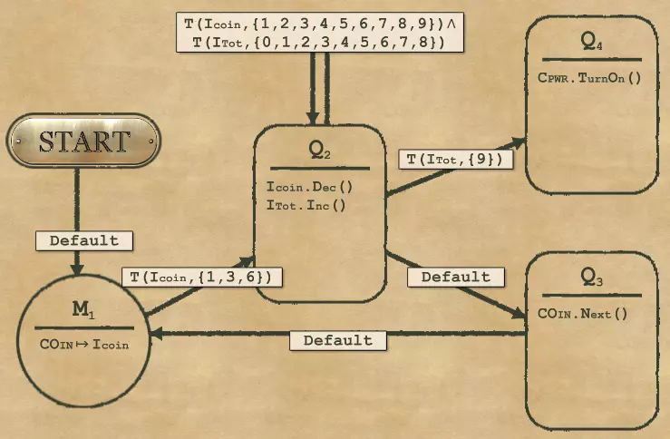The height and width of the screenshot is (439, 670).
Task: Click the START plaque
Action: point(83,141)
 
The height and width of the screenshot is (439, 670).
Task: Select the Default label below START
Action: point(83,240)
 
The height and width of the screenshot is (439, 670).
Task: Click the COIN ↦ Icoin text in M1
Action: point(84,344)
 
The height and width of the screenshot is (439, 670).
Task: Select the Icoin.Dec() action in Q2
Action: point(309,187)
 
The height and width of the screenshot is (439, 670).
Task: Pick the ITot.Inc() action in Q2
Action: point(309,205)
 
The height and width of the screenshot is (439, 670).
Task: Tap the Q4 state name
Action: point(591,43)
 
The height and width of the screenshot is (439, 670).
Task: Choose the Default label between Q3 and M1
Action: point(337,340)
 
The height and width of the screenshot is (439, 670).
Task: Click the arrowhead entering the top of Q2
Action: point(313,119)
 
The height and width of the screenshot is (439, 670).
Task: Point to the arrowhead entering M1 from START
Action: point(78,269)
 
